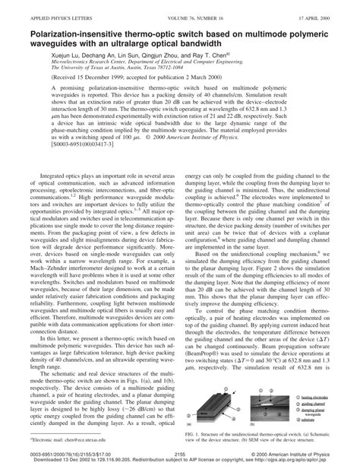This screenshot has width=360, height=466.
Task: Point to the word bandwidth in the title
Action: pyautogui.click(x=230, y=43)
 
